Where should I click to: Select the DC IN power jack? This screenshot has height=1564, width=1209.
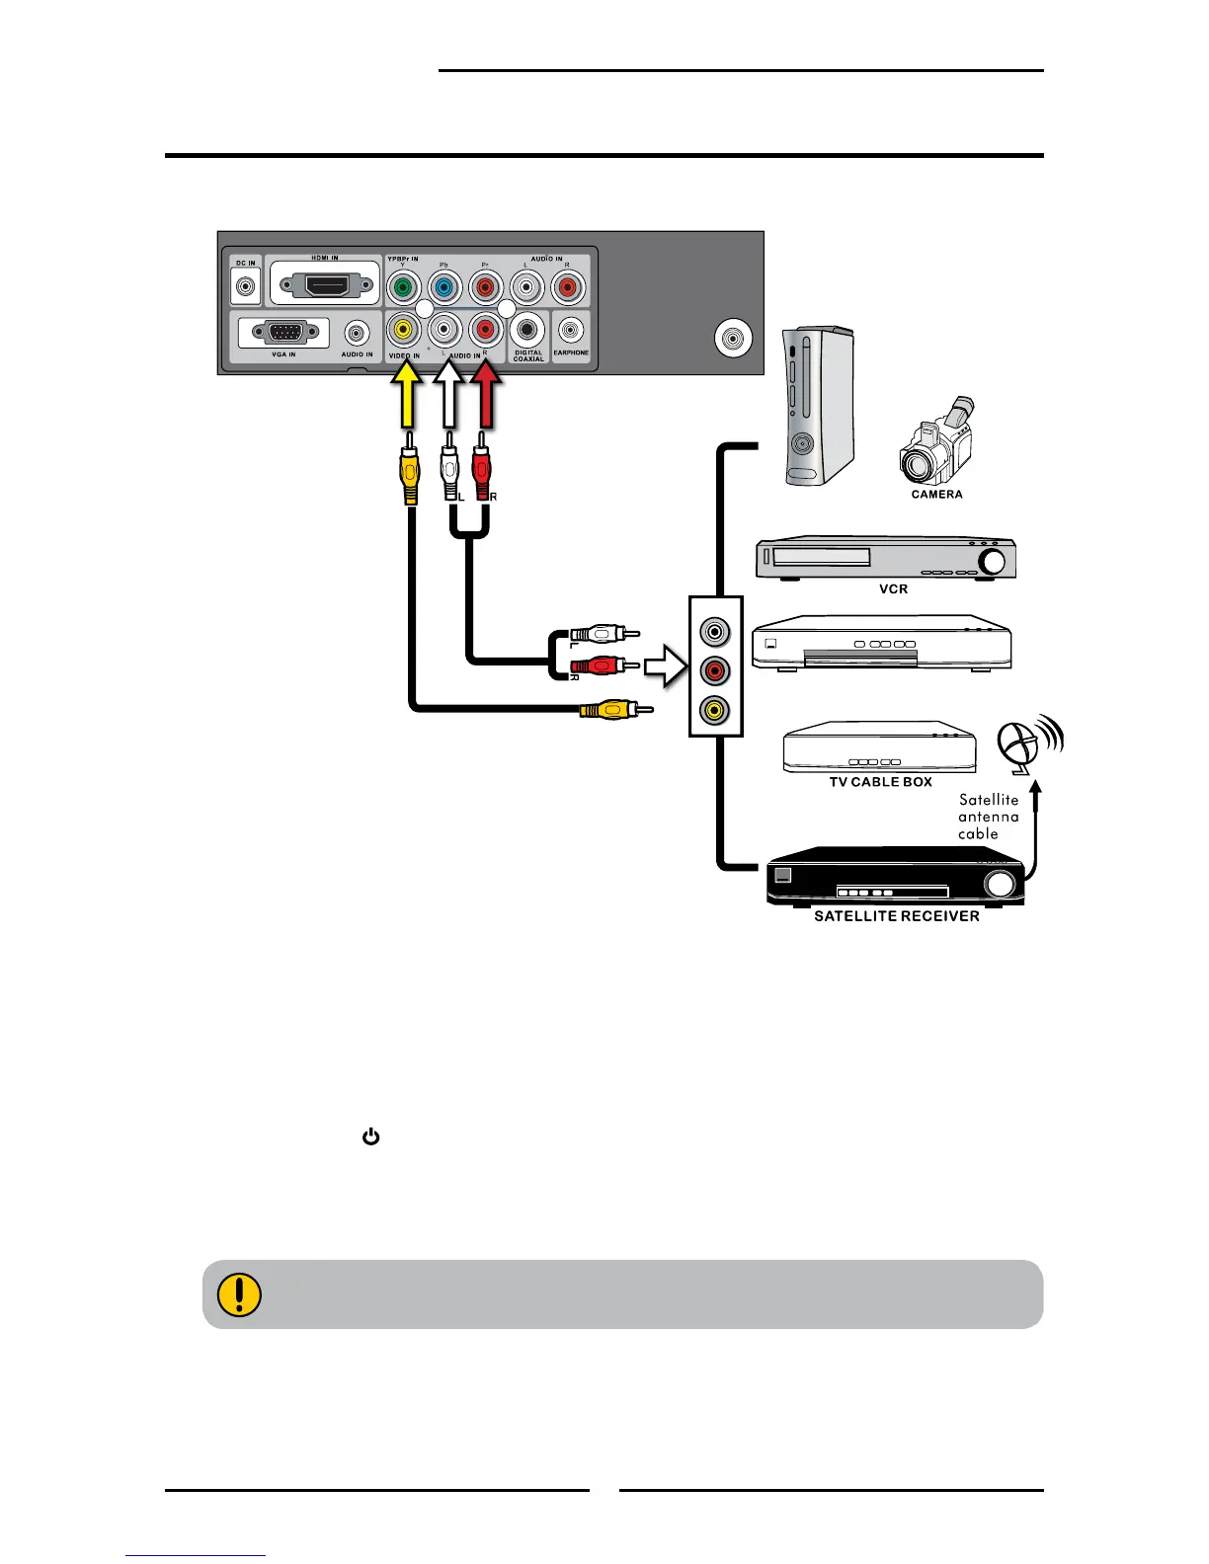(245, 288)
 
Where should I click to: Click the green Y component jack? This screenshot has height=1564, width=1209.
(402, 288)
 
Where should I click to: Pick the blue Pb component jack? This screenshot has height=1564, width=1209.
(443, 288)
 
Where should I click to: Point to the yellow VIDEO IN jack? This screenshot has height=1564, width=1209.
(403, 330)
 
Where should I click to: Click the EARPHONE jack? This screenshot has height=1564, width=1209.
(570, 329)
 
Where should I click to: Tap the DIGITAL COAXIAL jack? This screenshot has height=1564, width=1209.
(527, 330)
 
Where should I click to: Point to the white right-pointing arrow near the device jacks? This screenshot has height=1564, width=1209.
(666, 666)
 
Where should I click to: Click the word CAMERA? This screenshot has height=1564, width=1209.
(936, 495)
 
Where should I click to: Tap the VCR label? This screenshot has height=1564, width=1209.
(893, 589)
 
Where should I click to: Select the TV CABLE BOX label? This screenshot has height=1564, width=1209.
(880, 782)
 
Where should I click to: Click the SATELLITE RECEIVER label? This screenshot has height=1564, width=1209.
(896, 916)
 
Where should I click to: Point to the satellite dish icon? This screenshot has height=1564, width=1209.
(1023, 746)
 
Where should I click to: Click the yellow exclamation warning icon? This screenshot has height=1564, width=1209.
(238, 1294)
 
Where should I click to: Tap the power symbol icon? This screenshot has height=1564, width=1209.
(371, 1137)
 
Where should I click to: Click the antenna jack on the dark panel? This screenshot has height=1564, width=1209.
(732, 339)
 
